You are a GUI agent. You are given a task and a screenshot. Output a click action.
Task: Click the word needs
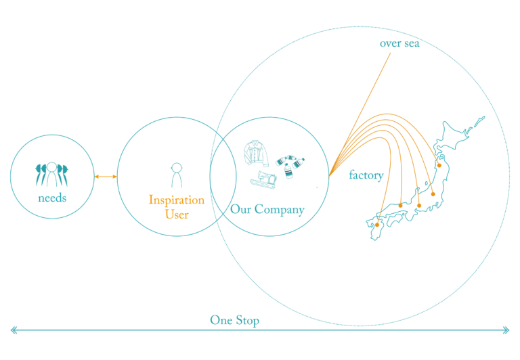click(x=52, y=198)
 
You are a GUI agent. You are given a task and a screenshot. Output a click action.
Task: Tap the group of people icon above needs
click(x=51, y=174)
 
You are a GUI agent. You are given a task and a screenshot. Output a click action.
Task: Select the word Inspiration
click(x=176, y=200)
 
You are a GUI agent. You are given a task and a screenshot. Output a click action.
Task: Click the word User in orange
click(x=177, y=215)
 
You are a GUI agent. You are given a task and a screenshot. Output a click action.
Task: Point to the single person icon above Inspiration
click(x=176, y=175)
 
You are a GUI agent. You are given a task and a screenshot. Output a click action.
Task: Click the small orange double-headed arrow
click(x=106, y=177)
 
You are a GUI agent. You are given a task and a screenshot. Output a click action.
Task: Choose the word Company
click(x=280, y=210)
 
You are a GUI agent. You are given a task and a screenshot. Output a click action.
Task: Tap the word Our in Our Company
click(x=241, y=210)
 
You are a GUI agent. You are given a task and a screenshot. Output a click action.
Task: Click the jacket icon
click(x=256, y=154)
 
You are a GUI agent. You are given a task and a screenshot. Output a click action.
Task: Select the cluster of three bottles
click(x=290, y=164)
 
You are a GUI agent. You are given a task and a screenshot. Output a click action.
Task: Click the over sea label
click(x=399, y=44)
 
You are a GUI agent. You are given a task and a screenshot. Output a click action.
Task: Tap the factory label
click(x=366, y=175)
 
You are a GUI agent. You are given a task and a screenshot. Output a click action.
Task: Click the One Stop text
click(x=234, y=320)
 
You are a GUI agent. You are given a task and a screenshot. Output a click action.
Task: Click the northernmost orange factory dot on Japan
click(x=439, y=164)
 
